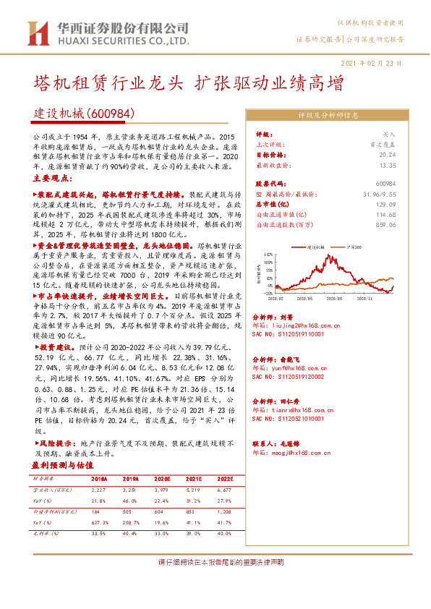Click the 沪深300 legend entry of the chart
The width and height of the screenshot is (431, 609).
[354, 247]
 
